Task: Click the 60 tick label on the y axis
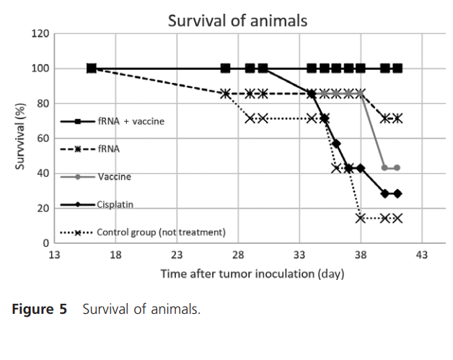43,139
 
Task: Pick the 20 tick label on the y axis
43,208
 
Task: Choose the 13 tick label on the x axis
53,255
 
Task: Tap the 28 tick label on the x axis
238,255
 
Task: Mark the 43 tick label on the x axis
422,255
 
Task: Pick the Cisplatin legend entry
115,204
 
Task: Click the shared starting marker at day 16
91,69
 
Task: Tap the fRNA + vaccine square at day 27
226,69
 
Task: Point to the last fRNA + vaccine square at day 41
397,69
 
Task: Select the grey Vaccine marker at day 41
397,167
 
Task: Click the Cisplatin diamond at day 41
397,193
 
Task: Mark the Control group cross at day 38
361,218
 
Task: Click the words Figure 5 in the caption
39,309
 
